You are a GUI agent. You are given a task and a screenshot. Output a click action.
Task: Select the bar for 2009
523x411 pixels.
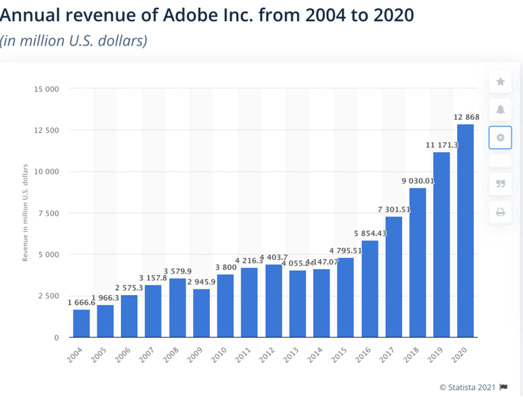(x=201, y=313)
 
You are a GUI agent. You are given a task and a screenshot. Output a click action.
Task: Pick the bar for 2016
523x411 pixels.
(x=369, y=289)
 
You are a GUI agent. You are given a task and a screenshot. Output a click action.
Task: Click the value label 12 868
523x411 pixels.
(x=466, y=117)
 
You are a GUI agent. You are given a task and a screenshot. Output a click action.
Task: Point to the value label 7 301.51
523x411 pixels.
(x=394, y=209)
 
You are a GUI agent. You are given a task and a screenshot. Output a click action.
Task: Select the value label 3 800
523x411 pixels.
(x=225, y=267)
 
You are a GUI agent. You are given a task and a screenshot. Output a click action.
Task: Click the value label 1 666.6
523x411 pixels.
(x=81, y=302)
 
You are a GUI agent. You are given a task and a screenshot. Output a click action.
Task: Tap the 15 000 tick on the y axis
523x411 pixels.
(x=47, y=88)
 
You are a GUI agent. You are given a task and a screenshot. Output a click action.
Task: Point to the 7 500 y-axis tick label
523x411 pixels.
(x=49, y=213)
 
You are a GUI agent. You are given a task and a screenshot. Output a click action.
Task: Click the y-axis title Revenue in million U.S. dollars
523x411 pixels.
(x=25, y=213)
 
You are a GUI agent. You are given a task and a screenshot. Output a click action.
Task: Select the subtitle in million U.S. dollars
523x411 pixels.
(x=74, y=41)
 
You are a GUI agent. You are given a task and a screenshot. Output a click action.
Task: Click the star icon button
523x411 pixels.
(x=500, y=82)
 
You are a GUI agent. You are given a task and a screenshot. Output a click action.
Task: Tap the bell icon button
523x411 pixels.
(x=500, y=109)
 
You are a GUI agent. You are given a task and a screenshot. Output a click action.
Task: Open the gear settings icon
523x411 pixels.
(x=500, y=137)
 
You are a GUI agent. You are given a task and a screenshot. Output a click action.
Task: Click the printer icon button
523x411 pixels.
(x=500, y=211)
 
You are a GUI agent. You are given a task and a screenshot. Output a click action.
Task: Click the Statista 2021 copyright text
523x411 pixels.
(x=467, y=387)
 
